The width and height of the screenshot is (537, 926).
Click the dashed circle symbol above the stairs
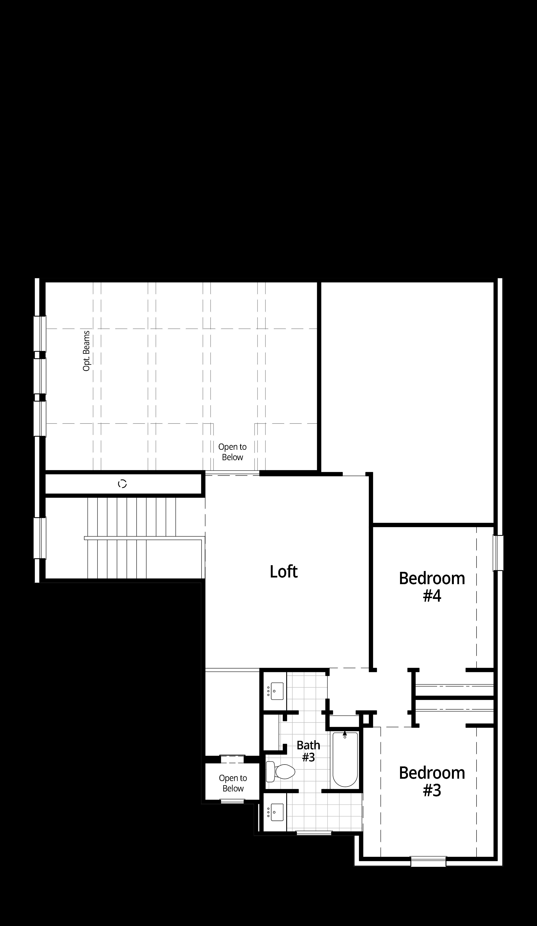pos(122,484)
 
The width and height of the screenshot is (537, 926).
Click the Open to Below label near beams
pos(232,452)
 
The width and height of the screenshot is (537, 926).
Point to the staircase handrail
pos(143,538)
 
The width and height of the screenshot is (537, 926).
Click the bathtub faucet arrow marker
pos(345,734)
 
